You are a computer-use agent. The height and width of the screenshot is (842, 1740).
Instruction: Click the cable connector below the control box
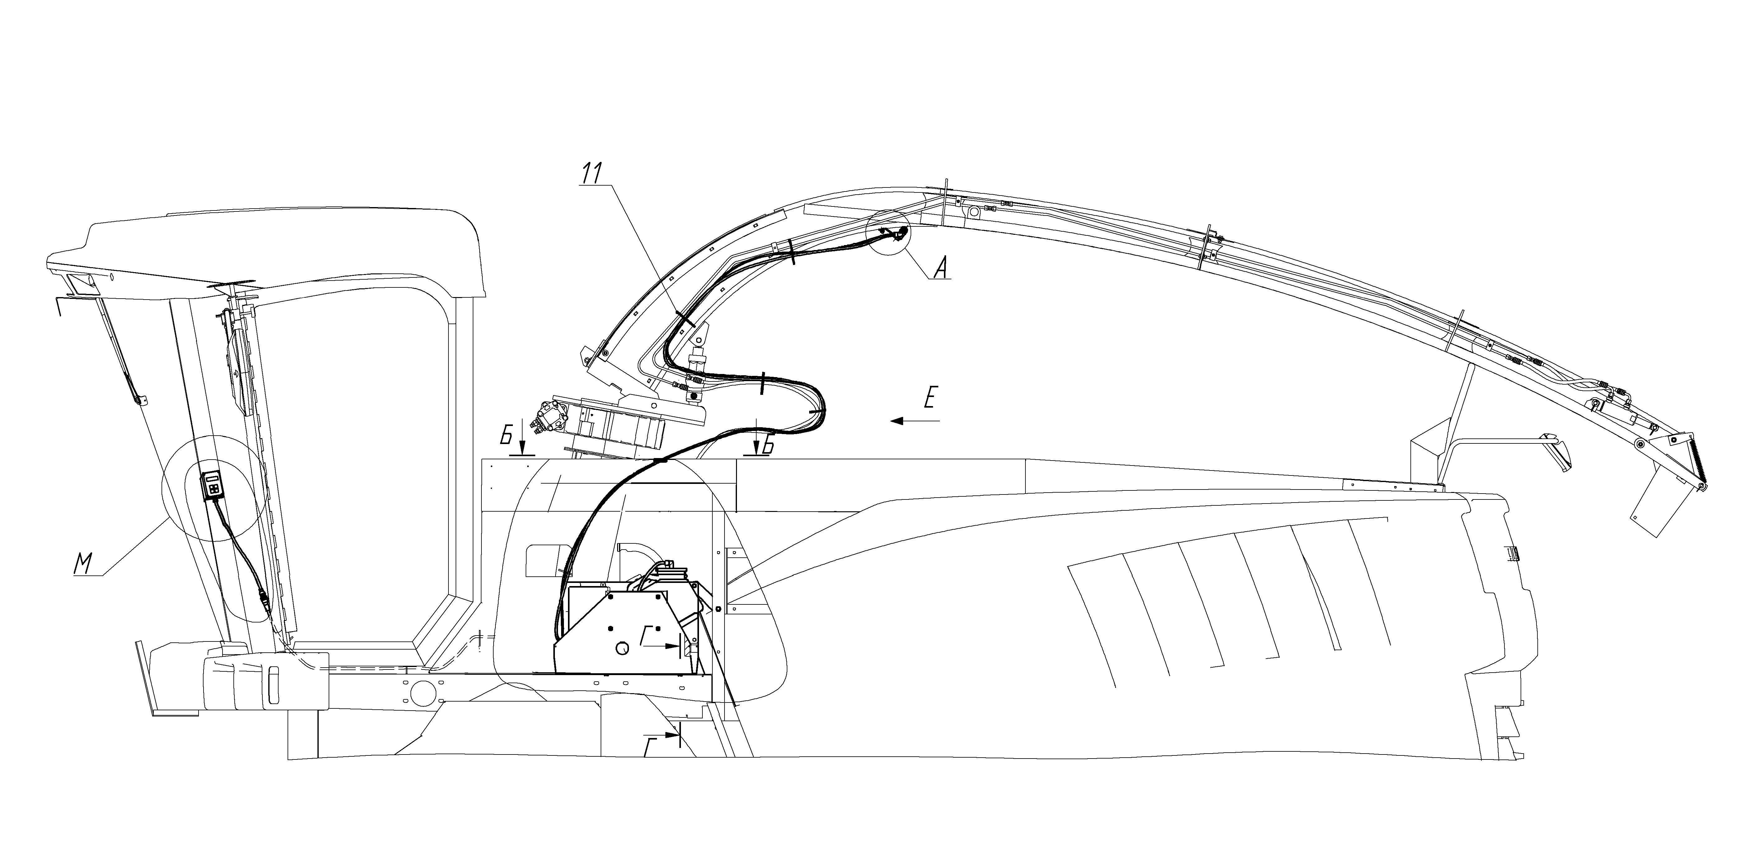click(x=263, y=597)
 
